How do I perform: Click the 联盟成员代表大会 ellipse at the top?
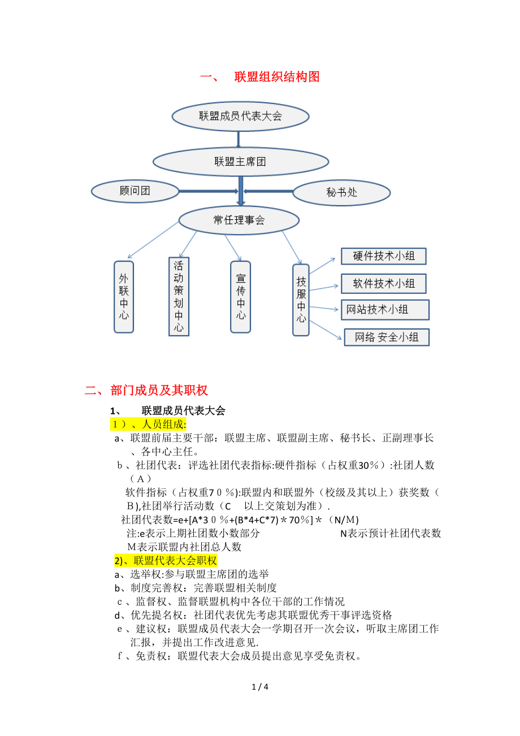coord(240,116)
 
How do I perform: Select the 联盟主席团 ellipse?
coord(240,162)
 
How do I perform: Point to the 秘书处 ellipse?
coord(341,193)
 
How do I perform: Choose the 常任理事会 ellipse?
coord(239,220)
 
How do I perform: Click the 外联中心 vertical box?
coord(124,296)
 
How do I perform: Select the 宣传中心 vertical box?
coord(241,296)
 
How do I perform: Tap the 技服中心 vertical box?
coord(301,300)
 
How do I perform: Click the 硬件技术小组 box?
coord(383,256)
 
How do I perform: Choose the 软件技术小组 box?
coord(383,283)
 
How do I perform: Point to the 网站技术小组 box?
coord(385,310)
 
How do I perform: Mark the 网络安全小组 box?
coord(386,337)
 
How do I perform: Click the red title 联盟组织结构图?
coord(277,77)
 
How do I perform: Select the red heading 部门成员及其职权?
coord(159,390)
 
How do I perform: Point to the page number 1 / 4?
coord(260,687)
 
